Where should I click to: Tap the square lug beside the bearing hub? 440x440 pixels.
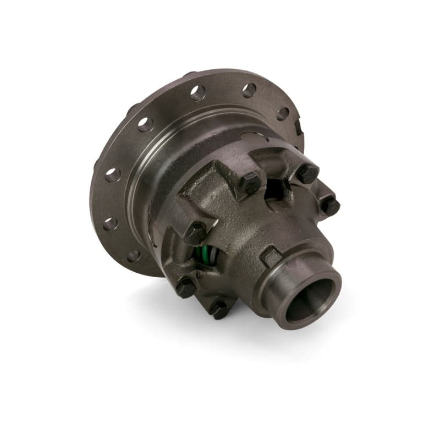click(270, 256)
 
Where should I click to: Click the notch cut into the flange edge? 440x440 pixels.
click(298, 127)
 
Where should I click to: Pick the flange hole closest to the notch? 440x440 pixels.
click(282, 113)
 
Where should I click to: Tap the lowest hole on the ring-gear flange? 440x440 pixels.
click(134, 256)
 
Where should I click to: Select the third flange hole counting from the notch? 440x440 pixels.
click(198, 93)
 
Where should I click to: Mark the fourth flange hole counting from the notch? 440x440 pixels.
click(146, 125)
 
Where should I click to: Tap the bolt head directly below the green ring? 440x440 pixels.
click(185, 287)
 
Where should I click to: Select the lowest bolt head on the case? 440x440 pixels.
click(219, 308)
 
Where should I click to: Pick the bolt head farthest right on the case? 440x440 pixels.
click(330, 206)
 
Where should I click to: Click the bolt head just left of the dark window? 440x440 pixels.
click(249, 182)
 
